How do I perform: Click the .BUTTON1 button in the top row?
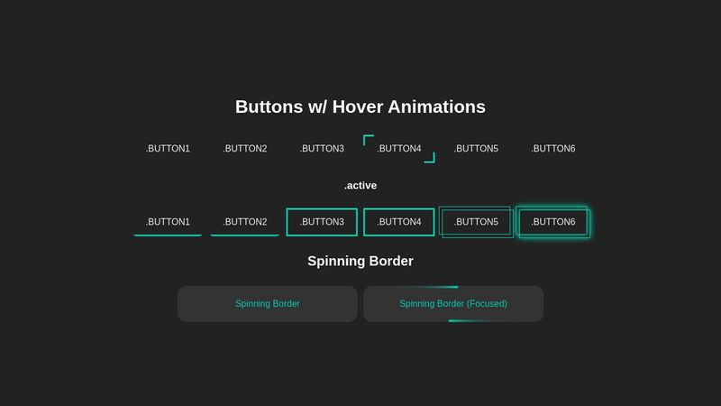coord(168,149)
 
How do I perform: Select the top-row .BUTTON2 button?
coord(245,149)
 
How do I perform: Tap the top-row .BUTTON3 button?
coord(322,149)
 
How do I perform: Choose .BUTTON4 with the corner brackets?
coord(399,149)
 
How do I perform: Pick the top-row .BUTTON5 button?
coord(476,149)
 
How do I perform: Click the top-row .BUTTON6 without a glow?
coord(553,149)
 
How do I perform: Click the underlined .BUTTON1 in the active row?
coord(168,222)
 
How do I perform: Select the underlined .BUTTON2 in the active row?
coord(245,222)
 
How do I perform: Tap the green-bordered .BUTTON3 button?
coord(322,222)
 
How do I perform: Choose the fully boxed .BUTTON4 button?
coord(399,222)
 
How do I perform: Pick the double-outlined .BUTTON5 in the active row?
coord(476,222)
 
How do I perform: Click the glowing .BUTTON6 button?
coord(553,222)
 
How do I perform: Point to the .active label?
coord(360,186)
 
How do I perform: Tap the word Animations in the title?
coord(437,106)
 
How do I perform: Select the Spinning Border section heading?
coord(360,261)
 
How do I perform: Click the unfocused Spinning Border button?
coord(268,304)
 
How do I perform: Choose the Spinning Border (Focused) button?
coord(453,304)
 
